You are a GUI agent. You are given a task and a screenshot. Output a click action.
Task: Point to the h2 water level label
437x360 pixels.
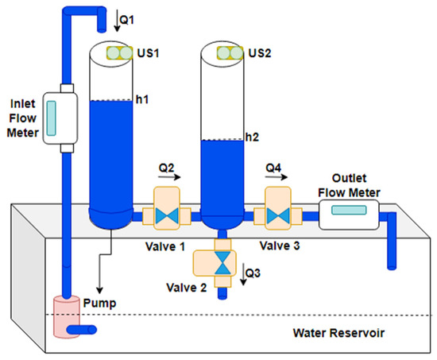[x=253, y=137]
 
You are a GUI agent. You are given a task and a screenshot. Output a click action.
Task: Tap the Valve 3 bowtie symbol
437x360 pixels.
[x=278, y=214]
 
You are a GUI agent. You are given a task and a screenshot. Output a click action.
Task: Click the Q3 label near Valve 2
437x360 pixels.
[x=253, y=273]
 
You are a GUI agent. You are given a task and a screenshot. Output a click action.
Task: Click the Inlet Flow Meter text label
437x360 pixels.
[x=21, y=117]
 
